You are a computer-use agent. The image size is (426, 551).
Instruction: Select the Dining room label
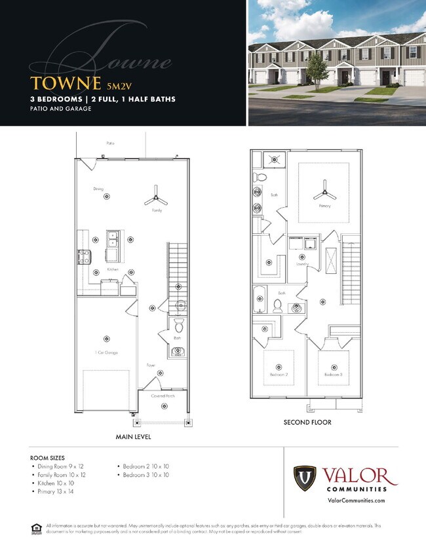[98, 189]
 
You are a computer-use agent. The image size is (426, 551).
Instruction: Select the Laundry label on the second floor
[302, 264]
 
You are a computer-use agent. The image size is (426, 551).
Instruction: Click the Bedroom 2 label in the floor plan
[279, 375]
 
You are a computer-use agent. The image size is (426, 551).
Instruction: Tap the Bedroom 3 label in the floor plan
[333, 375]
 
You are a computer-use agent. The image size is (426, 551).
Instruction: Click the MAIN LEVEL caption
[134, 436]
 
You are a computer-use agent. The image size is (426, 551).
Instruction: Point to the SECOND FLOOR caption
[307, 423]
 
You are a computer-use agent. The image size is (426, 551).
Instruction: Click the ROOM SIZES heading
[50, 457]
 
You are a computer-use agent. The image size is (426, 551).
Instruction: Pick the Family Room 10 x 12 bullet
[62, 474]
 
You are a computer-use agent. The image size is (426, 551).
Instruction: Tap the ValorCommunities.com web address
[355, 501]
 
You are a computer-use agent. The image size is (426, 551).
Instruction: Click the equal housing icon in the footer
[35, 527]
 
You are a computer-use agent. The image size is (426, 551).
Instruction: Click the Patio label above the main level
[111, 142]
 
